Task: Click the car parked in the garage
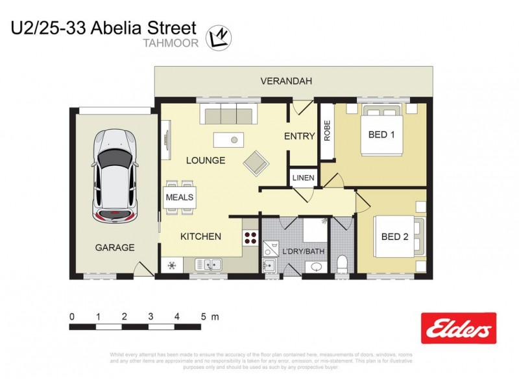click(x=115, y=175)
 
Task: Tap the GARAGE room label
click(x=115, y=247)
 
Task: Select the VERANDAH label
click(x=286, y=81)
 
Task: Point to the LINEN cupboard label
click(x=303, y=178)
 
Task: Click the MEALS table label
click(x=180, y=197)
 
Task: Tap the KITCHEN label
click(x=200, y=237)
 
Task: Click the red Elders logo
click(x=459, y=328)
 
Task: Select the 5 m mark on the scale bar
click(x=203, y=317)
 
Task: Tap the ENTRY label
click(x=299, y=137)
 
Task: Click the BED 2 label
click(x=394, y=237)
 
